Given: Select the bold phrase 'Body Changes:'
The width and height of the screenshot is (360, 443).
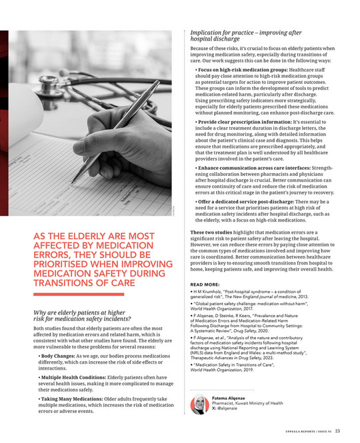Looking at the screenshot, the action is point(57,356).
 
